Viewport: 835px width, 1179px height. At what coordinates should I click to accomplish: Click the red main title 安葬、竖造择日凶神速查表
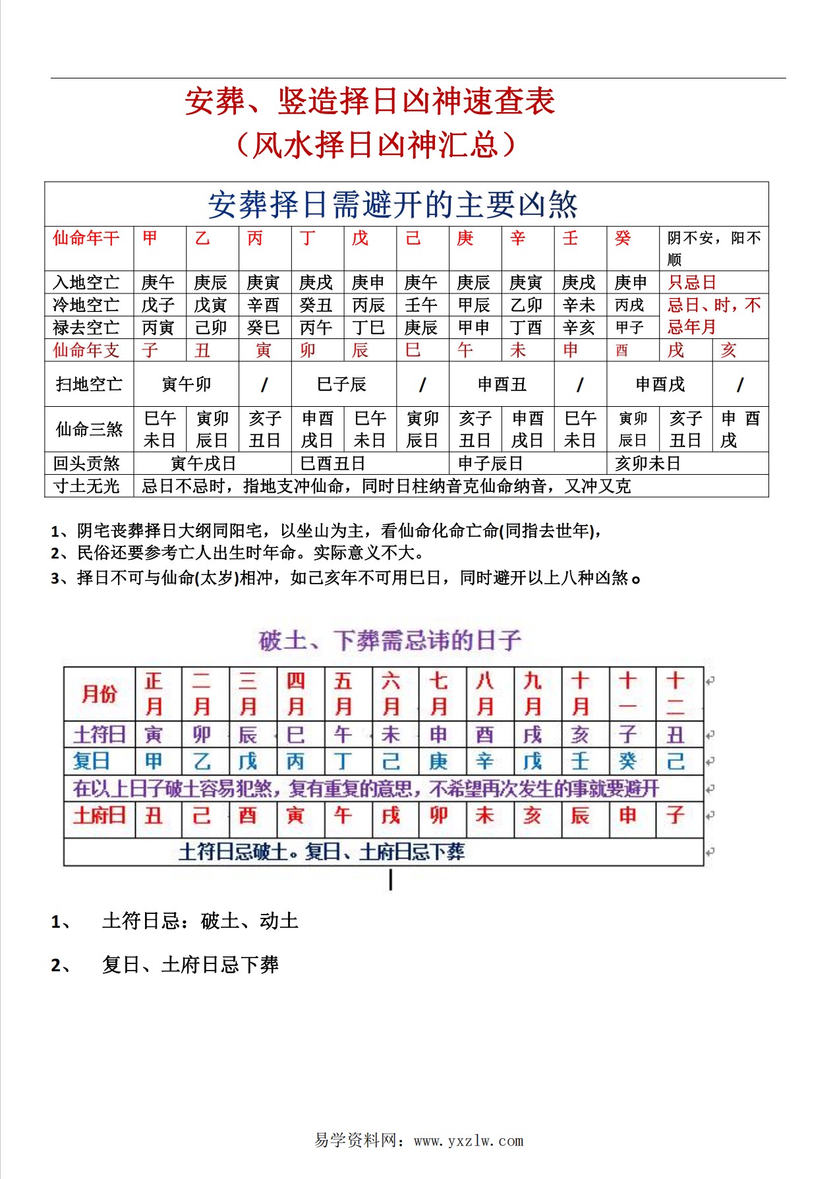370,102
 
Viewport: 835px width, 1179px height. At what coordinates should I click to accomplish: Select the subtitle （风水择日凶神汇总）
376,144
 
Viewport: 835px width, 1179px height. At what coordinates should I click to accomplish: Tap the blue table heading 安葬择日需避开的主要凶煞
393,204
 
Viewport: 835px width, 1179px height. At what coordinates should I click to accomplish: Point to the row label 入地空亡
86,282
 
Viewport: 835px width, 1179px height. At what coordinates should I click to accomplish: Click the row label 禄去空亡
86,327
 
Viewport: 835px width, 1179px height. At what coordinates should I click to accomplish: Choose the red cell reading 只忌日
692,282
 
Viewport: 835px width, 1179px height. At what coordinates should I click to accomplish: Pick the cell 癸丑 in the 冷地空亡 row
316,305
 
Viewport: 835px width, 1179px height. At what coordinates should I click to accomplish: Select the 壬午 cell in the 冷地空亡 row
421,305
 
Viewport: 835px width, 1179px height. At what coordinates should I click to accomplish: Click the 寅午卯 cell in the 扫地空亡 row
186,384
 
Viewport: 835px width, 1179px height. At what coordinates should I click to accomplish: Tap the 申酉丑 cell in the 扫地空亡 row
502,384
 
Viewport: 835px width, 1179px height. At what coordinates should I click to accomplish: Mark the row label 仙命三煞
89,429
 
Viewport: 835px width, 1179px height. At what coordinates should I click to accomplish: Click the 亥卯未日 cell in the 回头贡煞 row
647,464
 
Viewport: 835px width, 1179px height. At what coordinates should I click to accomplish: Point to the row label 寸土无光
86,486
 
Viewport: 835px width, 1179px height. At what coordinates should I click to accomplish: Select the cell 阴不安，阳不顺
714,248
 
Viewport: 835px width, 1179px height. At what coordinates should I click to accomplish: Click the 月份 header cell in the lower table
99,694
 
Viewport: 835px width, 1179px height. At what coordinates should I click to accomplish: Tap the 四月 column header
295,694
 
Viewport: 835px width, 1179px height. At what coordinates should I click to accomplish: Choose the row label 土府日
99,816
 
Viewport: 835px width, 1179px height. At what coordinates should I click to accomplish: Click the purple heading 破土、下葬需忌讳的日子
390,640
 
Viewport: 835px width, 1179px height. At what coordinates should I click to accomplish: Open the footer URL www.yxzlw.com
469,1140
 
